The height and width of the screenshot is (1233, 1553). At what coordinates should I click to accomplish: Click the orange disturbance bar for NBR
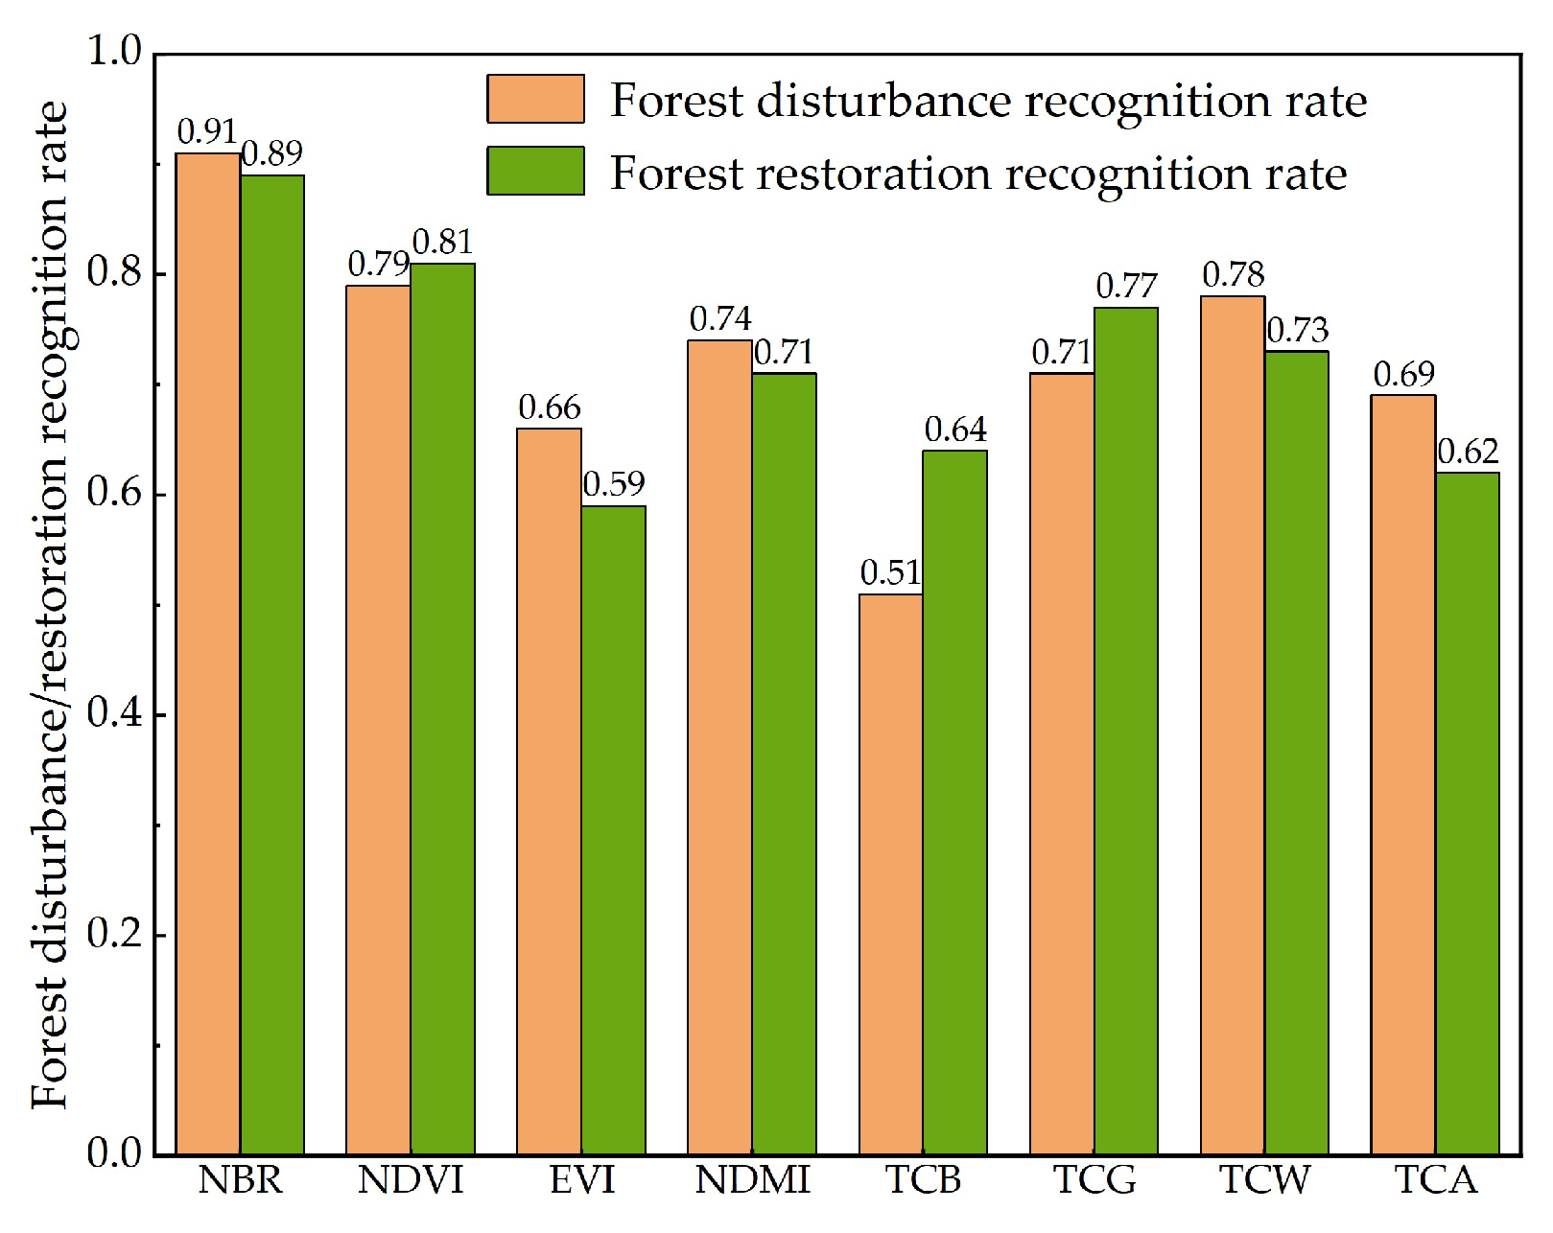[x=208, y=652]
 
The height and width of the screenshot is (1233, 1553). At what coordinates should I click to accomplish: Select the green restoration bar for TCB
[x=954, y=802]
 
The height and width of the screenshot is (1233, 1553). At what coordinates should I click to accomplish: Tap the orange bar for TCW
[x=1233, y=725]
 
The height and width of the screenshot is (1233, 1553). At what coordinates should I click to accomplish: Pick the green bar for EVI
[x=613, y=829]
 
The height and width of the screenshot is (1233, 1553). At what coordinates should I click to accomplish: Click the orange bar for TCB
[x=891, y=873]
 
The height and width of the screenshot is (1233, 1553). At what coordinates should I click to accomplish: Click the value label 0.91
[x=206, y=131]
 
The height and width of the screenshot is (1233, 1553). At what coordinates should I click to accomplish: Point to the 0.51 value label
[x=890, y=572]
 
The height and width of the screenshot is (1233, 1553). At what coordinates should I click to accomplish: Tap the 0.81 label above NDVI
[x=442, y=242]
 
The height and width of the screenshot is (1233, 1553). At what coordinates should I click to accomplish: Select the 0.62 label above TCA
[x=1468, y=451]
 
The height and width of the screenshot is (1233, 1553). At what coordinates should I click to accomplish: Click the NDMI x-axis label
[x=752, y=1180]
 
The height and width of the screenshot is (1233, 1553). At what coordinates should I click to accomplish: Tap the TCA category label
[x=1435, y=1180]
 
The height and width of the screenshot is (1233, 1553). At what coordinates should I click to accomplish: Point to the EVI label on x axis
[x=581, y=1180]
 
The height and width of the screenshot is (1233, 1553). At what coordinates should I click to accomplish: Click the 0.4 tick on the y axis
[x=113, y=713]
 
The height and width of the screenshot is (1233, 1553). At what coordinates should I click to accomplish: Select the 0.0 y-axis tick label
[x=113, y=1153]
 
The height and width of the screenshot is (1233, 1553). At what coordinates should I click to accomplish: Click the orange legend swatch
[x=535, y=99]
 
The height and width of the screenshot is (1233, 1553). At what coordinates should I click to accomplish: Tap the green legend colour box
[x=535, y=171]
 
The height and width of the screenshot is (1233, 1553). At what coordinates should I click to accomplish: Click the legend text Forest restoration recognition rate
[x=978, y=174]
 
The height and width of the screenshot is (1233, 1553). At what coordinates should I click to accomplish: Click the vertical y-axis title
[x=50, y=604]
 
